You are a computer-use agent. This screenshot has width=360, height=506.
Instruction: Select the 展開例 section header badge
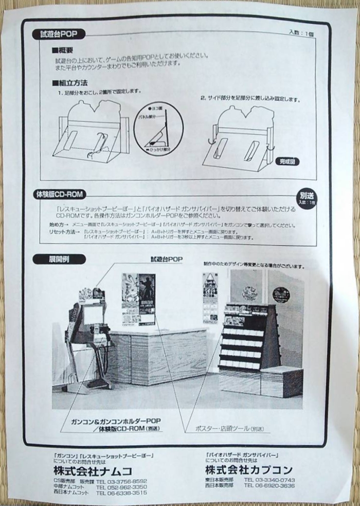(x=52, y=259)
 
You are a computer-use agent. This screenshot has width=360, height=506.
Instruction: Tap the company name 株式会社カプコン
(x=249, y=469)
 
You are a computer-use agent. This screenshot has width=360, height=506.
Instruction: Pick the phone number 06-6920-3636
(x=269, y=485)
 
